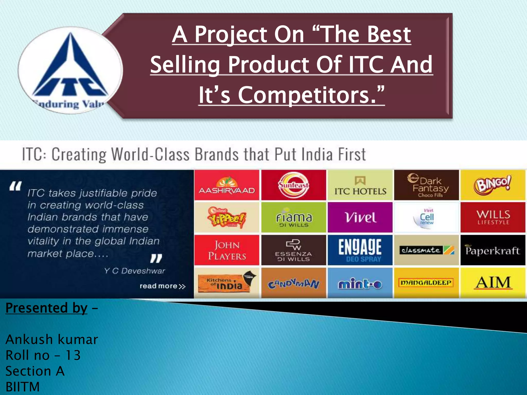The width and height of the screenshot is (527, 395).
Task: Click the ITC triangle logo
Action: pyautogui.click(x=70, y=69)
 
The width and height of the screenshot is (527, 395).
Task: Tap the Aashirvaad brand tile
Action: pyautogui.click(x=227, y=185)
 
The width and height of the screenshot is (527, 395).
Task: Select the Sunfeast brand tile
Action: pyautogui.click(x=294, y=185)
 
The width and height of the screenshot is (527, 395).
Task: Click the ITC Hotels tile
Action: pyautogui.click(x=360, y=185)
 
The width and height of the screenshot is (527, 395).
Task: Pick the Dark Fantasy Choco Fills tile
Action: pyautogui.click(x=426, y=185)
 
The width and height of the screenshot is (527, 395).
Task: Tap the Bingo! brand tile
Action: pyautogui.click(x=493, y=185)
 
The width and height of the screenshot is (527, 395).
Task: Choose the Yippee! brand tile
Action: pyautogui.click(x=227, y=218)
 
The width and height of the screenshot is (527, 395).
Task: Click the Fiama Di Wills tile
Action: pyautogui.click(x=294, y=218)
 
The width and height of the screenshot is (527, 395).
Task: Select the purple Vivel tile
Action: pyautogui.click(x=360, y=218)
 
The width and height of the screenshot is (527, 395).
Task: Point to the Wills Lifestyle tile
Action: pyautogui.click(x=493, y=218)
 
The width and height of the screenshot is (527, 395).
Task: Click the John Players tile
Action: pyautogui.click(x=227, y=250)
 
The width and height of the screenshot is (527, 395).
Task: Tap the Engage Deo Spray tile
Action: pyautogui.click(x=360, y=250)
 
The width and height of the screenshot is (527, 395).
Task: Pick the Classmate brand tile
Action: pyautogui.click(x=426, y=250)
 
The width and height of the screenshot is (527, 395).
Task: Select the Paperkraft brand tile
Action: pyautogui.click(x=493, y=250)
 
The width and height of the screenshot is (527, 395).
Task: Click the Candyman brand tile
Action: pyautogui.click(x=294, y=283)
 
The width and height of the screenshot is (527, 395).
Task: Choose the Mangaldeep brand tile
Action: pyautogui.click(x=426, y=283)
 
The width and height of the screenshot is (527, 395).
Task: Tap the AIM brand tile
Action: pyautogui.click(x=493, y=283)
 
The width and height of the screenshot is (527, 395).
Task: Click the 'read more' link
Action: pyautogui.click(x=162, y=286)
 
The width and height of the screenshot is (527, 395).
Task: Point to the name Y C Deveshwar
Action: pyautogui.click(x=134, y=271)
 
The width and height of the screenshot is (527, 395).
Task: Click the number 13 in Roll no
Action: pyautogui.click(x=73, y=355)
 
